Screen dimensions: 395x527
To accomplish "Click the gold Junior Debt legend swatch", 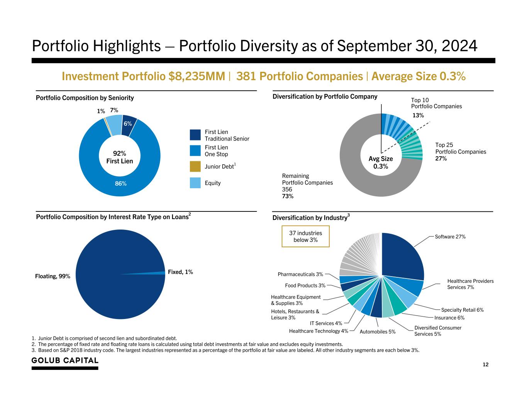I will coord(195,167).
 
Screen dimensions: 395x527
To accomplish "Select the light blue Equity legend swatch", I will coord(195,183).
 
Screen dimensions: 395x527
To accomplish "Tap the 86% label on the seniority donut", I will coord(121,184).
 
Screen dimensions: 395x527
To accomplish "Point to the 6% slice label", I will coord(128,123).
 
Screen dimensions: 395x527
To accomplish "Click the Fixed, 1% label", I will coord(180,272).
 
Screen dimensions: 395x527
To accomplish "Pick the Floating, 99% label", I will coord(53,276).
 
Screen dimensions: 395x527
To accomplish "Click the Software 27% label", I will coord(450,236).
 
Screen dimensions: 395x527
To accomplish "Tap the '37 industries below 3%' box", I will coord(305,236).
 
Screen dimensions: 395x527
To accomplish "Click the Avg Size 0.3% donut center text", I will coord(381,162).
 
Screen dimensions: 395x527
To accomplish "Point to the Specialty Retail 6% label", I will coord(462,310).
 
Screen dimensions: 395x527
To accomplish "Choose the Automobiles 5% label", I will coord(377,332).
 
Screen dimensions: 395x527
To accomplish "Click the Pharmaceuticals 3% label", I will coord(300,274).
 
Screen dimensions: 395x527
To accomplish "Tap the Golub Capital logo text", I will coord(65,360).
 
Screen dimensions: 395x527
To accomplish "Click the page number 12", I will coord(486,365).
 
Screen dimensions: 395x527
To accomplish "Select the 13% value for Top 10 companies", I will coord(418,115).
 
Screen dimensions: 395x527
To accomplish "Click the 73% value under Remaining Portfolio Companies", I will coord(288,196).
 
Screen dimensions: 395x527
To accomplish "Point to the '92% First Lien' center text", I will coord(120,157).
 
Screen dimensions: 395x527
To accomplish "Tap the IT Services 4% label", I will coord(326,323).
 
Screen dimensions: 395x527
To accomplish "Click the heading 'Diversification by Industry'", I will coord(310,218).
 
